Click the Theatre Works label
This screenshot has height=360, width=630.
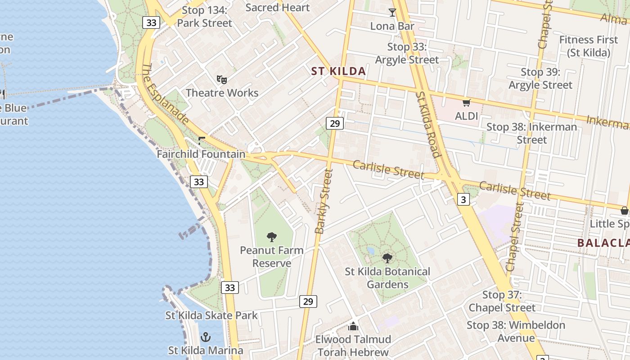tap(222, 93)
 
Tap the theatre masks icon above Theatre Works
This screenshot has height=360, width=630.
tap(221, 80)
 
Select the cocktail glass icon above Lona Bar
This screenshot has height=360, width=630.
tap(392, 13)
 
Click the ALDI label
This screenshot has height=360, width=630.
tap(466, 116)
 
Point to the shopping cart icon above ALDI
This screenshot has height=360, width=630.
tap(466, 103)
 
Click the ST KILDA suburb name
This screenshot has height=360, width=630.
tap(338, 71)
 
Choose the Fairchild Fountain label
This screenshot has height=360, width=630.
tap(201, 154)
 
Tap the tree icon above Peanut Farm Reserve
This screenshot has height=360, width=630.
tap(271, 237)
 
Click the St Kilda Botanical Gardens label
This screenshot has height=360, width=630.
tap(387, 278)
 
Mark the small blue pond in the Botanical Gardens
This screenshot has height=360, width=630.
tap(370, 251)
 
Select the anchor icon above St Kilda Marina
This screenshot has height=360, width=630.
tap(206, 337)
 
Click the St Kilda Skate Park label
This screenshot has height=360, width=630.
tap(211, 315)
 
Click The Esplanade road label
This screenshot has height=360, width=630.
tap(165, 94)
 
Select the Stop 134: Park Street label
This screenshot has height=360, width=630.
tap(205, 17)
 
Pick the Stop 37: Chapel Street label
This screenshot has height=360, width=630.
tap(502, 301)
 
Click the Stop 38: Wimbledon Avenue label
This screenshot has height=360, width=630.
tap(516, 331)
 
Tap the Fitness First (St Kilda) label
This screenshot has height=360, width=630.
tap(589, 46)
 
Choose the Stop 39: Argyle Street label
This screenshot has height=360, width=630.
tap(540, 78)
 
